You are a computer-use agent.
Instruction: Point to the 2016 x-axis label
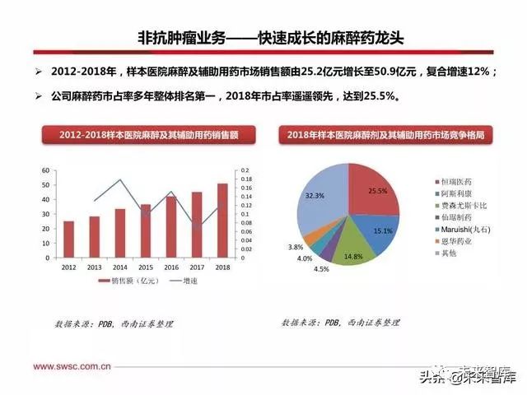(x=171, y=267)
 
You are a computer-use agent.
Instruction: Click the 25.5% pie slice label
(x=377, y=191)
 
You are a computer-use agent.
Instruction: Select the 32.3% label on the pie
(x=314, y=196)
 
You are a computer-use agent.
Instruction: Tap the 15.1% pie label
(x=383, y=231)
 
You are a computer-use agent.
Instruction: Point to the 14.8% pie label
(x=353, y=256)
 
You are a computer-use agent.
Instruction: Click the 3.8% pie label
(x=296, y=247)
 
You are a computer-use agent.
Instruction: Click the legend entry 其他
(x=452, y=254)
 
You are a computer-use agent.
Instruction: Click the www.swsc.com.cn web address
(x=72, y=366)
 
